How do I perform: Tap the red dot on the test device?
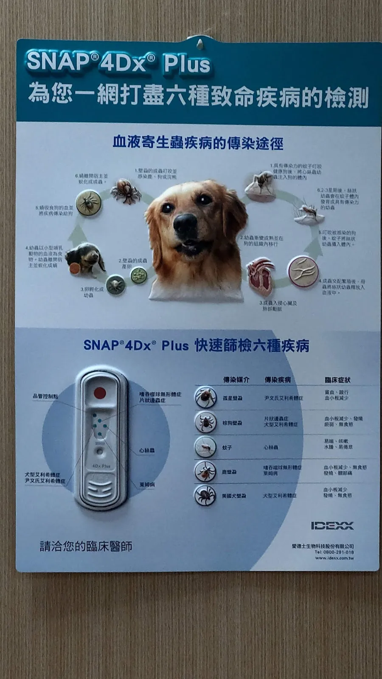100,393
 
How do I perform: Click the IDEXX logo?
332,526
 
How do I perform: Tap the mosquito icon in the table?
205,447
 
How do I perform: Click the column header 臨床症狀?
337,380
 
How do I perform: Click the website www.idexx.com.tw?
334,558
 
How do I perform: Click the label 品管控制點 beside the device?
45,396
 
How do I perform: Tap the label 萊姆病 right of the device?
147,484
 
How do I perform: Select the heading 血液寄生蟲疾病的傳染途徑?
198,143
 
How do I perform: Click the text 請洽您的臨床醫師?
86,546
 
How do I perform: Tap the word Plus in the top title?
187,65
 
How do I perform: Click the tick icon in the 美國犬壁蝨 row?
205,495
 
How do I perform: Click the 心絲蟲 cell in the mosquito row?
271,447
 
